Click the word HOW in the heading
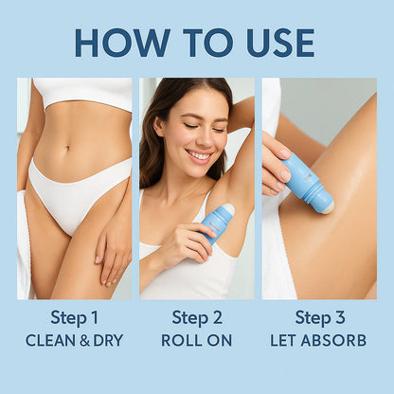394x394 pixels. (x=122, y=43)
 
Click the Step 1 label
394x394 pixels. (x=74, y=317)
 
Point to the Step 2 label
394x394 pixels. (x=197, y=317)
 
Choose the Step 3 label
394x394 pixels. (x=319, y=317)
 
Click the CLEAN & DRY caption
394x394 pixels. (x=74, y=340)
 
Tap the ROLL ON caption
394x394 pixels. (x=197, y=340)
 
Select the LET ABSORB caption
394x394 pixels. (x=318, y=340)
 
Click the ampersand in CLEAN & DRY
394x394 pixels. (x=84, y=341)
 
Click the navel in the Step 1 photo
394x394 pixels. (x=67, y=148)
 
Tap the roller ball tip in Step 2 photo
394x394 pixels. (x=228, y=209)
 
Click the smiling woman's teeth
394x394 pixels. (x=200, y=155)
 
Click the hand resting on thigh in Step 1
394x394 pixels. (x=111, y=249)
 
